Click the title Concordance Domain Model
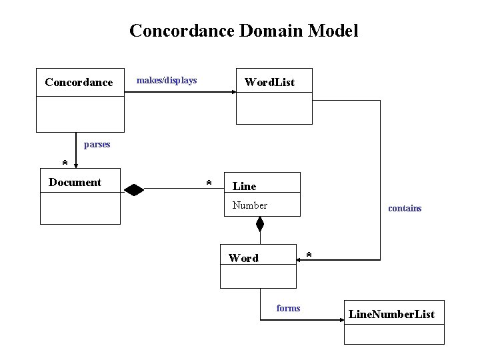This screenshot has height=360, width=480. click(x=243, y=31)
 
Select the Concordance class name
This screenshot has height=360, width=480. click(x=79, y=83)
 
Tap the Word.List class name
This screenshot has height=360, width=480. click(x=269, y=83)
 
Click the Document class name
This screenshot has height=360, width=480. click(x=75, y=182)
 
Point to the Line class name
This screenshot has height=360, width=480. click(x=244, y=187)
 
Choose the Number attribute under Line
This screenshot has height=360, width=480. click(x=250, y=205)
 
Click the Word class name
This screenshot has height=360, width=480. click(x=243, y=258)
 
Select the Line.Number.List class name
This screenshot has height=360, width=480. click(x=391, y=314)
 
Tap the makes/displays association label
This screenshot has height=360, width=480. click(x=167, y=81)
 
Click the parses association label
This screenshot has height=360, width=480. click(x=97, y=144)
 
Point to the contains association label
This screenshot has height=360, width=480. click(x=405, y=209)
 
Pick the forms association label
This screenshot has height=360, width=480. click(x=288, y=308)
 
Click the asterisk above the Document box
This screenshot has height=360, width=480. click(x=65, y=164)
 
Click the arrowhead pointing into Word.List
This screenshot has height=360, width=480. click(x=233, y=93)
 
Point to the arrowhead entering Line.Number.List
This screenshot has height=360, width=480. click(x=340, y=321)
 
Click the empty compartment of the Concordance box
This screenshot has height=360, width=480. click(x=80, y=113)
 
